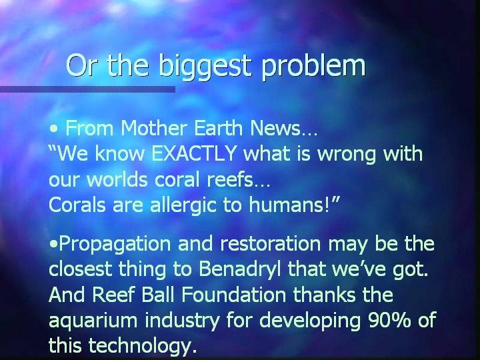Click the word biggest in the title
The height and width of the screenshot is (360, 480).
tap(205, 67)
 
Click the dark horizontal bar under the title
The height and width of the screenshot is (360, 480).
tap(87, 89)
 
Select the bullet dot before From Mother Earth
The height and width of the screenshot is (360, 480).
tap(53, 129)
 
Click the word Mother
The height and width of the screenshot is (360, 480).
tap(154, 127)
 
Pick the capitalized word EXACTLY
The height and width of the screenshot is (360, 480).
tap(194, 153)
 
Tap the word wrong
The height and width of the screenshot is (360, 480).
tap(347, 155)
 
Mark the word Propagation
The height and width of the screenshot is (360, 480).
tap(115, 245)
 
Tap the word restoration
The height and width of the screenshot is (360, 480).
tap(271, 244)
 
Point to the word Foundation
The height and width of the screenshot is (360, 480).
tap(233, 294)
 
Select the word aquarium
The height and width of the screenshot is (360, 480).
tap(93, 321)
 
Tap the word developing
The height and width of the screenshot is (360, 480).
tap(310, 321)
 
